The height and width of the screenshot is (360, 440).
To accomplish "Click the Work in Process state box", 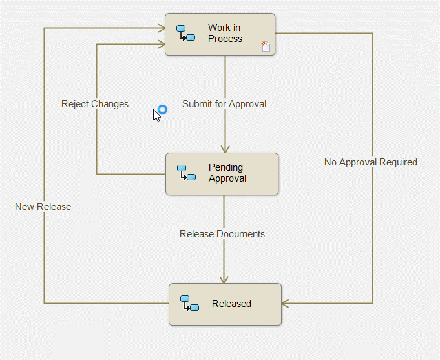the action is click(220, 34).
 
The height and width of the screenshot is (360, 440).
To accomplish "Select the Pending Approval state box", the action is click(222, 174).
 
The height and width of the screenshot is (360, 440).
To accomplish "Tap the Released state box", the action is click(225, 304).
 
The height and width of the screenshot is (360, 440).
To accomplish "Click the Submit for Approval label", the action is click(224, 104).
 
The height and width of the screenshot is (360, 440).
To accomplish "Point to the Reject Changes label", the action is click(95, 104).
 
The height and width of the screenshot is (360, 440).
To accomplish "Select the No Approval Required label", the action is click(371, 162).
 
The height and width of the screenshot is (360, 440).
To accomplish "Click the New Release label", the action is click(43, 207).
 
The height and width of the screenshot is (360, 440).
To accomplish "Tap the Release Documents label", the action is click(222, 234).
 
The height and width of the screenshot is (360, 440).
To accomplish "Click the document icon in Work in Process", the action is click(266, 47).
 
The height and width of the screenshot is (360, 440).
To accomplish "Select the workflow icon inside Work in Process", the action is click(186, 33).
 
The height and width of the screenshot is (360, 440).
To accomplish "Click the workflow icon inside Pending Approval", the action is click(186, 173).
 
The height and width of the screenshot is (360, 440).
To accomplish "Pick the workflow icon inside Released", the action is click(190, 303).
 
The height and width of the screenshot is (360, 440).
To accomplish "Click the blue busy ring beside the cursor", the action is click(162, 109).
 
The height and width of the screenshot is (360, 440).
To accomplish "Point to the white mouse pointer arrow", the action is click(156, 116).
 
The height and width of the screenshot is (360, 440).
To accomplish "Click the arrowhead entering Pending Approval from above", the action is click(225, 149).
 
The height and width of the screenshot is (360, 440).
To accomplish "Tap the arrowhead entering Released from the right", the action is click(285, 304).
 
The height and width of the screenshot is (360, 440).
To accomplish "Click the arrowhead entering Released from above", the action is click(224, 280).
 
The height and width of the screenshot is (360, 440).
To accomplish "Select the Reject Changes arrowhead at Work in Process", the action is click(162, 45).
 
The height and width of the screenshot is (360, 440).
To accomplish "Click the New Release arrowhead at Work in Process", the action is click(162, 28).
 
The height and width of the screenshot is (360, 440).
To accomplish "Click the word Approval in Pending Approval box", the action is click(227, 178).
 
